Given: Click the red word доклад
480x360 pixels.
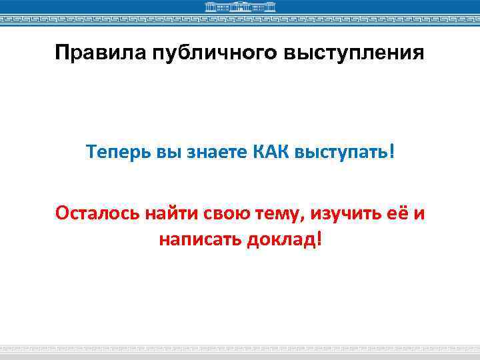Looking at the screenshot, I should pos(281,238).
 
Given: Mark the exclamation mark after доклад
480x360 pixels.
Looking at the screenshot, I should pos(319,238).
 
